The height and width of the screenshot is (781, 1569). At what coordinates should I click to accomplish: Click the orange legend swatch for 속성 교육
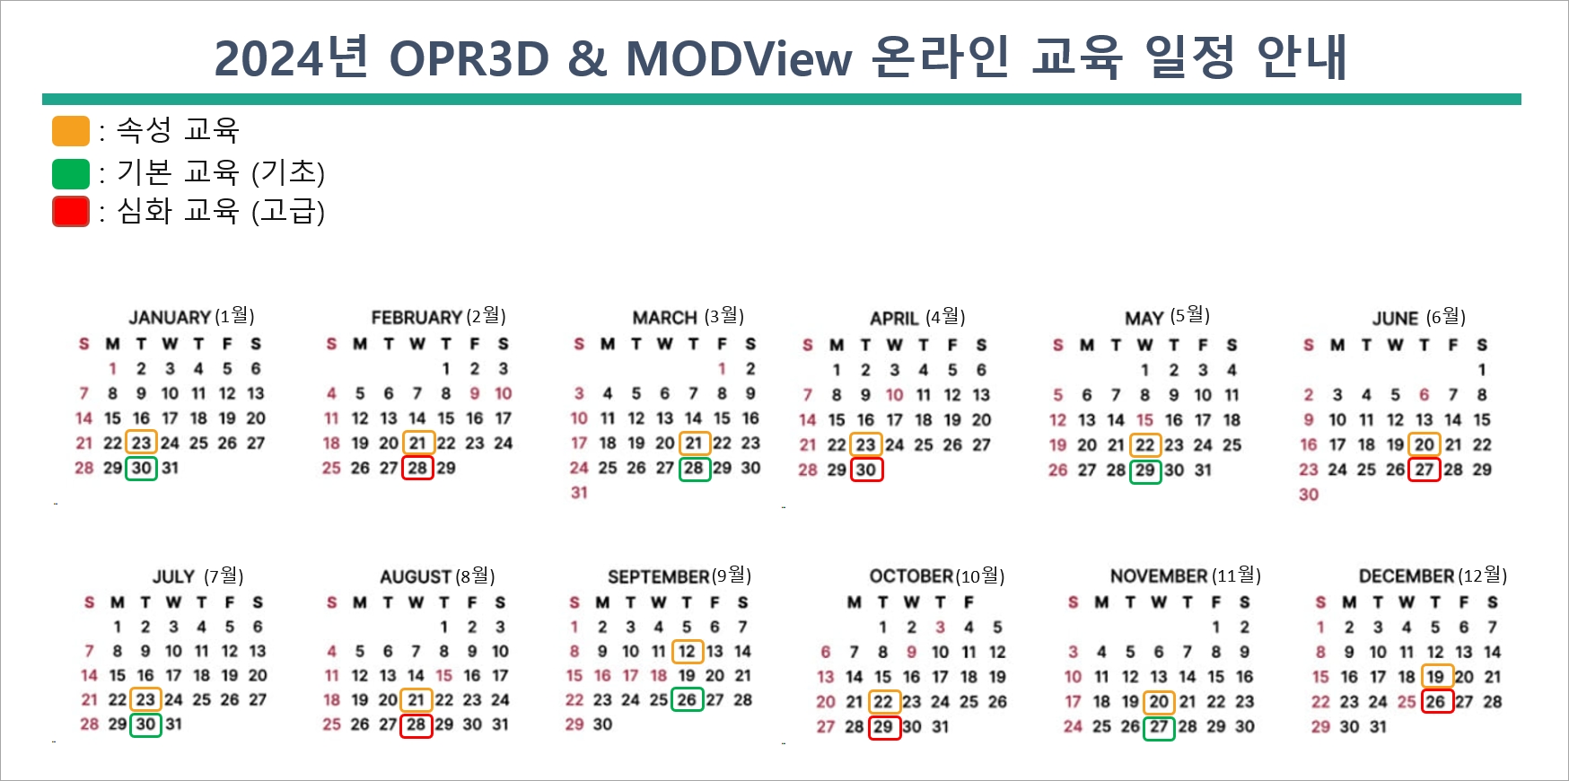point(71,131)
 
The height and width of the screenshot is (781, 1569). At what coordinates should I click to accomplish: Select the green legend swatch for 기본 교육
point(71,173)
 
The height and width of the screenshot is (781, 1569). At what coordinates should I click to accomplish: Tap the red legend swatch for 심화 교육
point(71,212)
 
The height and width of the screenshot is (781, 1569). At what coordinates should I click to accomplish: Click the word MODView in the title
point(738,59)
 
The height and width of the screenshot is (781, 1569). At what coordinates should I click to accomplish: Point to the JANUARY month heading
point(170,318)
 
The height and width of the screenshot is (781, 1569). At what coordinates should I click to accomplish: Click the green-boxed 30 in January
point(142,468)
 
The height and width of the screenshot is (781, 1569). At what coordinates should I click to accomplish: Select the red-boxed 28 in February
point(417,468)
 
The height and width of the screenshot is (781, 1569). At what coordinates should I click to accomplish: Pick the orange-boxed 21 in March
point(694,443)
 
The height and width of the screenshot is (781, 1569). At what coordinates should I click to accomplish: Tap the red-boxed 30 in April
point(866,469)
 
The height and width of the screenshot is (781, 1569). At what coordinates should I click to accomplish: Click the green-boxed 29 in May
point(1145,469)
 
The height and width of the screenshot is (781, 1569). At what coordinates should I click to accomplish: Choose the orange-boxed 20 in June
point(1424,444)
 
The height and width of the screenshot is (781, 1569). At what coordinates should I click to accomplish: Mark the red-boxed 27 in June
point(1424,469)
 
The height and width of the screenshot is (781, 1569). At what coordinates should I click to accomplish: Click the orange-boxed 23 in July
point(145,699)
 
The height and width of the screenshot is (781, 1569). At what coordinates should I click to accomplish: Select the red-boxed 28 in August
point(416,724)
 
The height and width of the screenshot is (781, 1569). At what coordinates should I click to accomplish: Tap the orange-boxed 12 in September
point(687,651)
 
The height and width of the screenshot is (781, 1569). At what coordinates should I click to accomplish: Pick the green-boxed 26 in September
point(687,699)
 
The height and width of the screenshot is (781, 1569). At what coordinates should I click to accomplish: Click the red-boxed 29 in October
point(884,726)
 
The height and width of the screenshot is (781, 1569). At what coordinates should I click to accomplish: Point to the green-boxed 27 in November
point(1159,726)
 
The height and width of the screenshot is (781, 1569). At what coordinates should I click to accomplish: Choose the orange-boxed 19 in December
point(1435,677)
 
